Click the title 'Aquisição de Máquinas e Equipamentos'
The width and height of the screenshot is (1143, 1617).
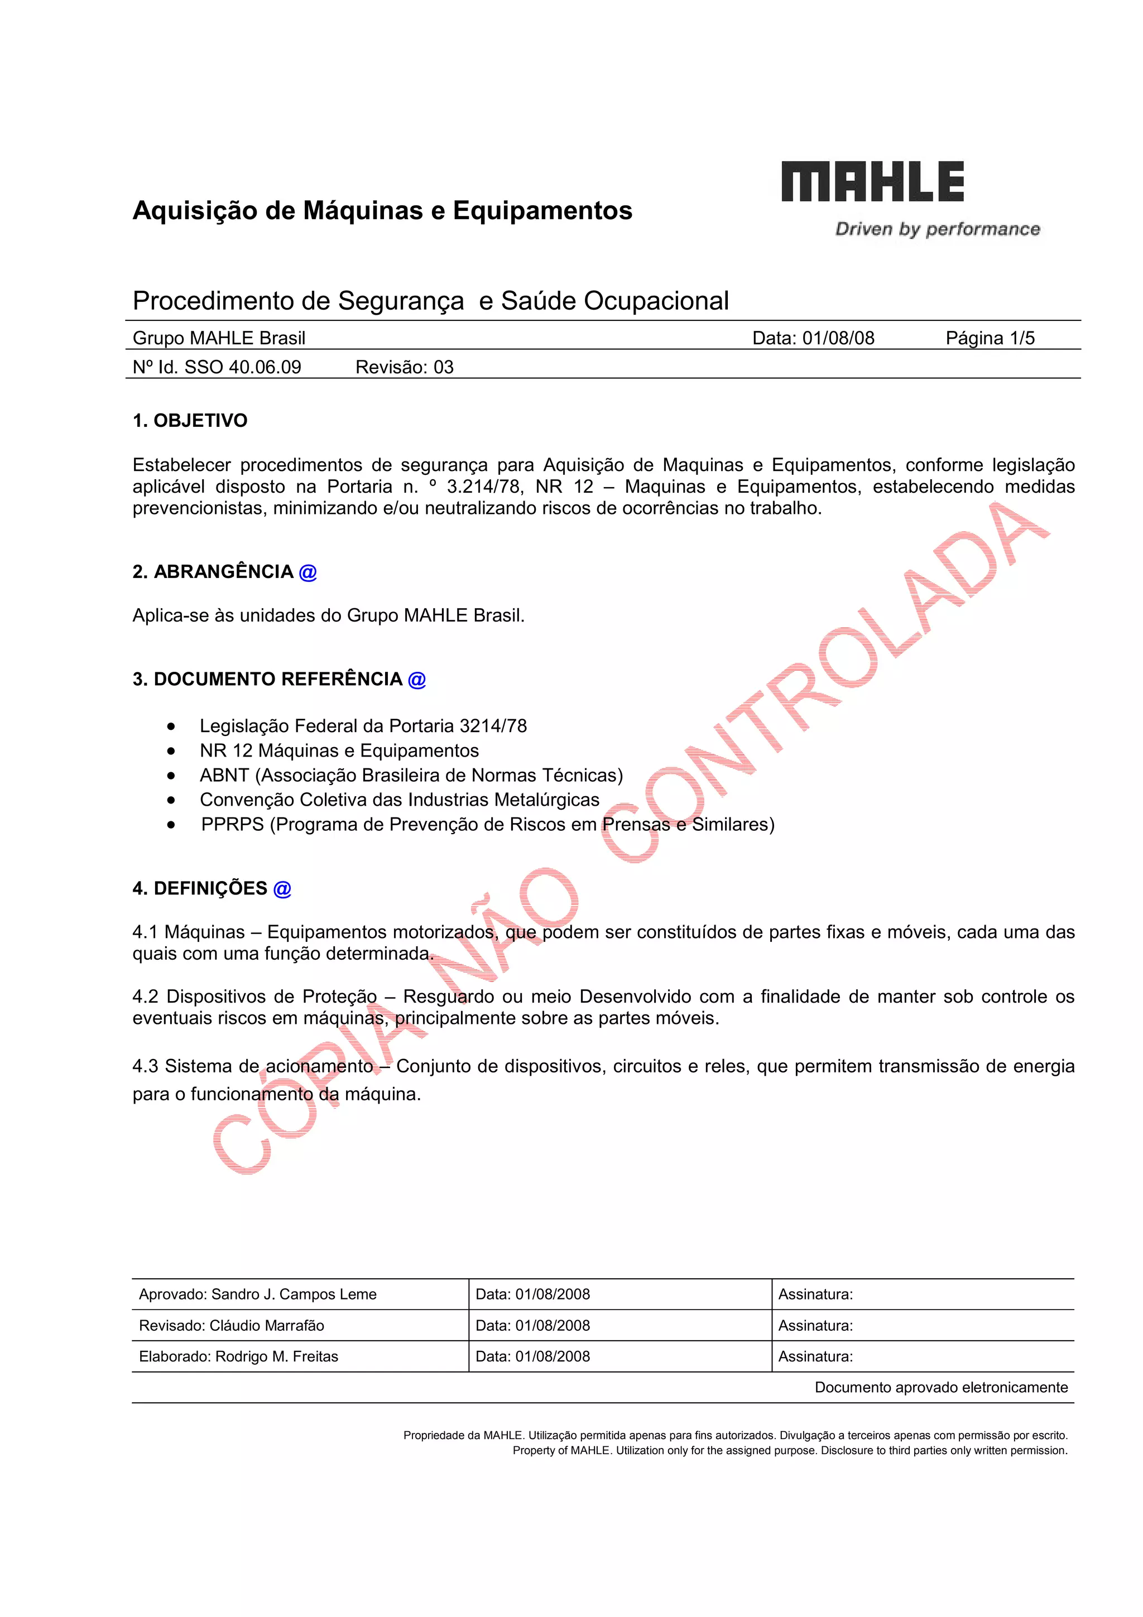tap(382, 210)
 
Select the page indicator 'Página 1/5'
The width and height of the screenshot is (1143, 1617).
tap(990, 338)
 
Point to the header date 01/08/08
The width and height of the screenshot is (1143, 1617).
tap(838, 338)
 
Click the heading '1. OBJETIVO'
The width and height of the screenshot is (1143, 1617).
tap(190, 421)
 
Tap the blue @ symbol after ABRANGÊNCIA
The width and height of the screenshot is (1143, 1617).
tap(308, 572)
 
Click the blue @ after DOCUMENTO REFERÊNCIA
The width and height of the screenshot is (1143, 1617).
tap(417, 680)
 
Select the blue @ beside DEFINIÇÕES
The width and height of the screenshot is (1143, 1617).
tap(282, 889)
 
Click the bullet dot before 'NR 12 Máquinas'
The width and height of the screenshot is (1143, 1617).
tap(171, 752)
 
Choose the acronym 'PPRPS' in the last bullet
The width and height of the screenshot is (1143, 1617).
tap(232, 825)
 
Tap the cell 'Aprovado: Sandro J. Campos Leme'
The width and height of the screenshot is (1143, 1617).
tap(258, 1294)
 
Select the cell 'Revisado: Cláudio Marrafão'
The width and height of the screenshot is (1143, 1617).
tap(232, 1325)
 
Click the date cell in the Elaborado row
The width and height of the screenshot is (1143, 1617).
tap(532, 1356)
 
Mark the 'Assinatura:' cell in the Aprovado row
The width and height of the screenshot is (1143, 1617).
tap(815, 1294)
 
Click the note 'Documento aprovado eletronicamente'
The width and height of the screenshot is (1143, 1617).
tap(941, 1388)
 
